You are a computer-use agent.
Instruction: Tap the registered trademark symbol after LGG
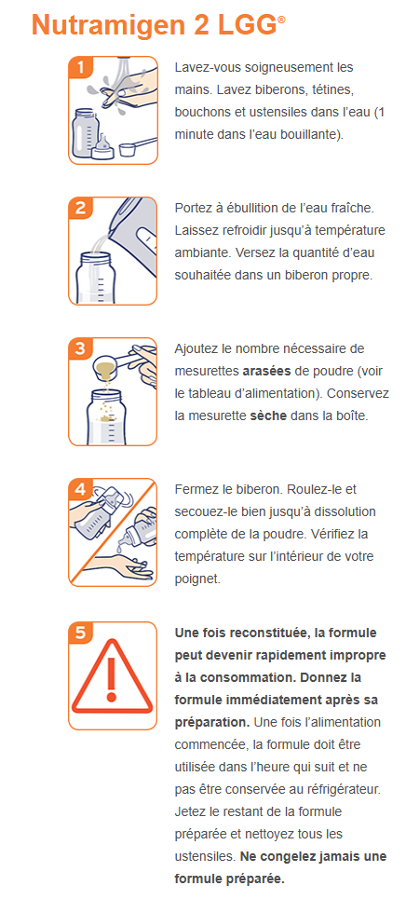280,20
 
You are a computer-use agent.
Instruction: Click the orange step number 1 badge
80,67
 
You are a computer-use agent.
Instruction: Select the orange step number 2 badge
80,209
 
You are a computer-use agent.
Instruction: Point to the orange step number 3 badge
80,348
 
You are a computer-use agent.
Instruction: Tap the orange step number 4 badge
80,490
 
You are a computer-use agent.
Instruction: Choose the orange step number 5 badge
80,633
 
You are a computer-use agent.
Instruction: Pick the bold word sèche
268,415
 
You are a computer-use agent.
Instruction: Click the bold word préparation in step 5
211,722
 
